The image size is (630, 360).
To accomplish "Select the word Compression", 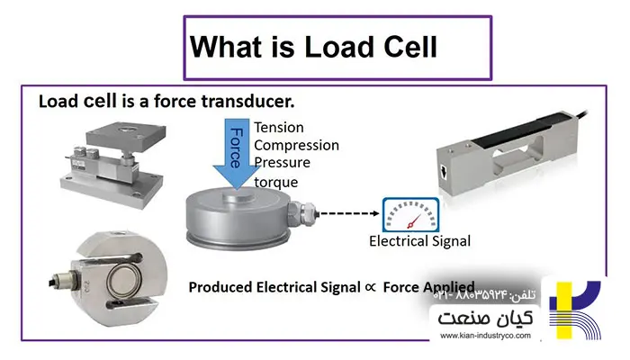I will tap(297, 145).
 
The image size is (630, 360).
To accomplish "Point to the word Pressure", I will tap(283, 163).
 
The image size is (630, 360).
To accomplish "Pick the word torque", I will tap(275, 182).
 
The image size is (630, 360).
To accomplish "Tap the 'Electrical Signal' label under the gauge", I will tap(419, 241).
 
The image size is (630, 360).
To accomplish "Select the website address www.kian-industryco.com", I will tap(486, 337).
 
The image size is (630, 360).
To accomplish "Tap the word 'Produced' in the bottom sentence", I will tap(218, 287).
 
